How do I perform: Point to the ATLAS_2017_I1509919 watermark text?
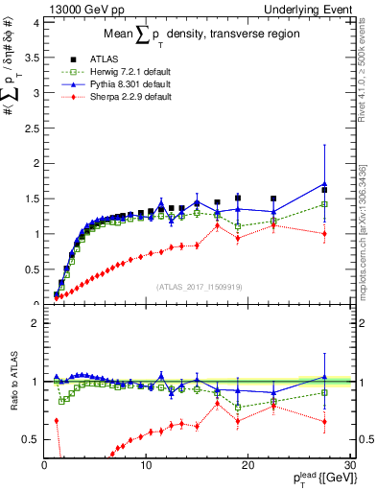pos(199,285)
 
